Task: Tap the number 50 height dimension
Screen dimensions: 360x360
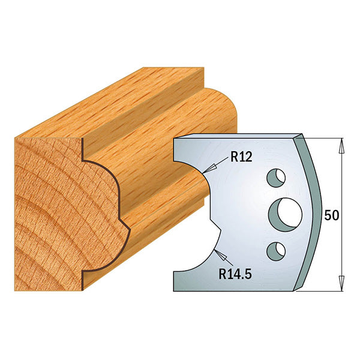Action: tap(330, 215)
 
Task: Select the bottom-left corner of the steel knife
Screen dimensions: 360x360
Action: tap(174, 290)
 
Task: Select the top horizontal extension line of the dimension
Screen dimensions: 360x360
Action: tap(327, 137)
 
